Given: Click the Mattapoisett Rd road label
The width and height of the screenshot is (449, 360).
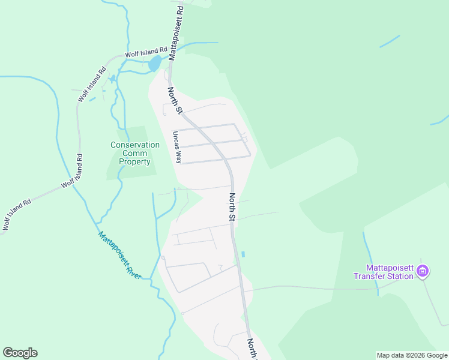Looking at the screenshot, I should click(175, 31).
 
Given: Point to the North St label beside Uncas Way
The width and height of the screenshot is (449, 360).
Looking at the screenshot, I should click(175, 100).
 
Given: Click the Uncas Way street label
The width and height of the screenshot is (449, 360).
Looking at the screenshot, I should click(177, 148).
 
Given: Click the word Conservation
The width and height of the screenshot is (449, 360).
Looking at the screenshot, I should click(135, 145).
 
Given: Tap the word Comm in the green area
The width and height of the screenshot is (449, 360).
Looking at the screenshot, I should click(135, 153).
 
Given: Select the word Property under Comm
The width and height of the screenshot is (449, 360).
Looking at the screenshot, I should click(135, 161).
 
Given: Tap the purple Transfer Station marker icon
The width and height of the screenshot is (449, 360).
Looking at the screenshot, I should click(423, 272).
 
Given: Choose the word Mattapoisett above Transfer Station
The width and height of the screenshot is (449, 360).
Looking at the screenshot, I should click(391, 268).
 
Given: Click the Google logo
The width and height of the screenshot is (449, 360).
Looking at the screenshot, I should click(20, 353).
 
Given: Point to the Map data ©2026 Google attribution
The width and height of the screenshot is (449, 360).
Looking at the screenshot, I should click(412, 355).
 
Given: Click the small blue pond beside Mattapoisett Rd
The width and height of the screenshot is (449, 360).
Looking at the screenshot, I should click(155, 62).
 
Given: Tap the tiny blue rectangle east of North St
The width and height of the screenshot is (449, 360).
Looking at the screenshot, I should click(243, 254).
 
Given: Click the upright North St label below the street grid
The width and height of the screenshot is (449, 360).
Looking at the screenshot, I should click(232, 208).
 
